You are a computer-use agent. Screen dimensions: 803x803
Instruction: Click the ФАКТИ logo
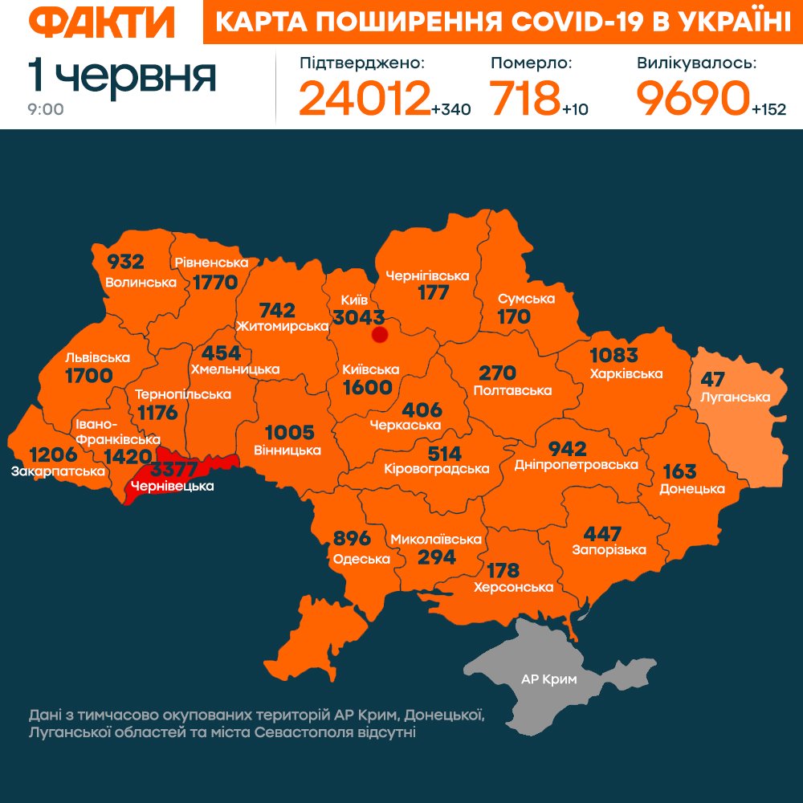(x=95, y=23)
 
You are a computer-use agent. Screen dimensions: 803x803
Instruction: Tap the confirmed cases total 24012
(x=364, y=98)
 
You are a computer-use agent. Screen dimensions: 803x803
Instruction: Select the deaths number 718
(x=525, y=98)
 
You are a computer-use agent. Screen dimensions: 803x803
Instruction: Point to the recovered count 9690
(x=692, y=98)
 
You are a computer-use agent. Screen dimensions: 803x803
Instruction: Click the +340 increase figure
(x=450, y=109)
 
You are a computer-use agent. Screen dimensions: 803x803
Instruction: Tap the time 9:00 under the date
(x=46, y=109)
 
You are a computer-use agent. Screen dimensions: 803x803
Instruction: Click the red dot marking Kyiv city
(x=380, y=334)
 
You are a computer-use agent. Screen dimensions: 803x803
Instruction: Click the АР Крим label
(x=549, y=679)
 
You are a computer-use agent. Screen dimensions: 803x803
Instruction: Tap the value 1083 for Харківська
(x=613, y=355)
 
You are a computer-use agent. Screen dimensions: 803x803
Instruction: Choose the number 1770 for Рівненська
(x=215, y=282)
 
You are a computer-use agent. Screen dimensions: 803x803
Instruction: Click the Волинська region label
(x=141, y=282)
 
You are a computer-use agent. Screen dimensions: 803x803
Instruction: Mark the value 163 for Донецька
(x=679, y=471)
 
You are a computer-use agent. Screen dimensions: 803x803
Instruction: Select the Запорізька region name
(x=609, y=550)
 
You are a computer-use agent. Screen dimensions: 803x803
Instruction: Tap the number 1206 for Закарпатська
(x=53, y=454)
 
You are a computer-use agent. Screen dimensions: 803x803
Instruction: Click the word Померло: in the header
(x=531, y=63)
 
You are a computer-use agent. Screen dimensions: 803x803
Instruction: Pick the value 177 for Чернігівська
(x=433, y=293)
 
